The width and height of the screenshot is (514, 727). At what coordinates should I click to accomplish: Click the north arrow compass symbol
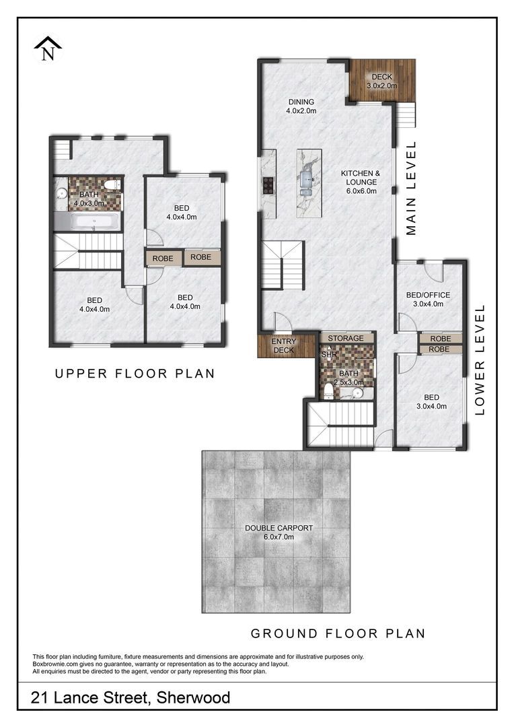(48, 48)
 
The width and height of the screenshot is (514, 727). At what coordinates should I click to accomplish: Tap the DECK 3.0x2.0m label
(382, 81)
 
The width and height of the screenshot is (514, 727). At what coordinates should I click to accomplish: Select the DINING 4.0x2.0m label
(301, 106)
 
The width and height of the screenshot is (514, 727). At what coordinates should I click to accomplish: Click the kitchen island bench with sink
(309, 183)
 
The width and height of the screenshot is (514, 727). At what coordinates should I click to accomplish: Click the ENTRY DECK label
(283, 346)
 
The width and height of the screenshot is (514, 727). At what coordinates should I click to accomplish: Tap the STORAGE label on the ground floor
(346, 339)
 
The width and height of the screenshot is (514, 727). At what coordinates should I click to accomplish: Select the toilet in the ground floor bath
(328, 390)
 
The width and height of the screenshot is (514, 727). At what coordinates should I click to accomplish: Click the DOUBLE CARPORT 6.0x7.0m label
(279, 532)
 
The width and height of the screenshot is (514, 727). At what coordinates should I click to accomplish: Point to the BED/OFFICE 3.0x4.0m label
(428, 300)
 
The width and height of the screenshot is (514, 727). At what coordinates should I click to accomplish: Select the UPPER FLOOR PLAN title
(135, 374)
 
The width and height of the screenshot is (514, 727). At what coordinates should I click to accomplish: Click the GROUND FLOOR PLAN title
(338, 633)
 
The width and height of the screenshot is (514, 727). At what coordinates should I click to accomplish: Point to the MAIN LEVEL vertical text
(411, 188)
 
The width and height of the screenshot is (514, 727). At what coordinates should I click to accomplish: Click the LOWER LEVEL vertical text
(479, 359)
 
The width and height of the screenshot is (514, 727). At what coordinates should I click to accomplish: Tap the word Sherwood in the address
(193, 697)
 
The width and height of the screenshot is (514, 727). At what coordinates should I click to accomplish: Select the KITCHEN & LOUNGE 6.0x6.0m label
(361, 182)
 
